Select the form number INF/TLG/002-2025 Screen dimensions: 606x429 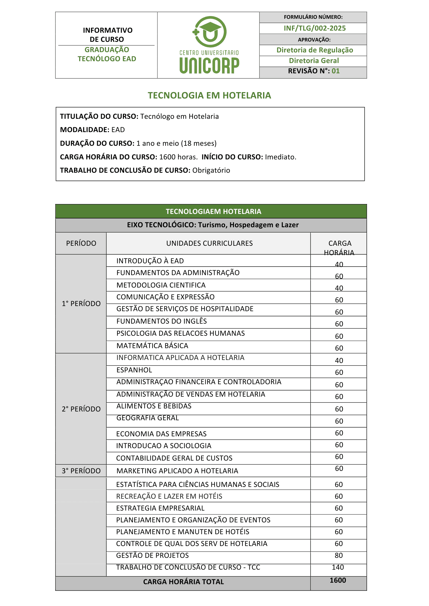pos(315,28)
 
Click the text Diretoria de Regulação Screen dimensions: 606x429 pos(315,50)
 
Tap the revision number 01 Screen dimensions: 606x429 pos(336,71)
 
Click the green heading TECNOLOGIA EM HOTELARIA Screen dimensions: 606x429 pos(209,95)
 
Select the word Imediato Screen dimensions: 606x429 pos(280,157)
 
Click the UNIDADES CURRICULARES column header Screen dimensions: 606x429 pos(209,243)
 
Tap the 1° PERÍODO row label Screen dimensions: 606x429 pos(81,304)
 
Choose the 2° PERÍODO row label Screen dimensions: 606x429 pos(81,409)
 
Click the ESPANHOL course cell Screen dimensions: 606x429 pos(134,370)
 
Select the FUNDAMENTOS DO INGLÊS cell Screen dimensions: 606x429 pos(161,321)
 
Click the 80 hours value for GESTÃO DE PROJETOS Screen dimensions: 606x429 pos(339,555)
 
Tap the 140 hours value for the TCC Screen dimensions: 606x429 pos(338,567)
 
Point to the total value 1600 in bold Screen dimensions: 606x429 pos(338,580)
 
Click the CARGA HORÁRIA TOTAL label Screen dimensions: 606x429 pos(183,582)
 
